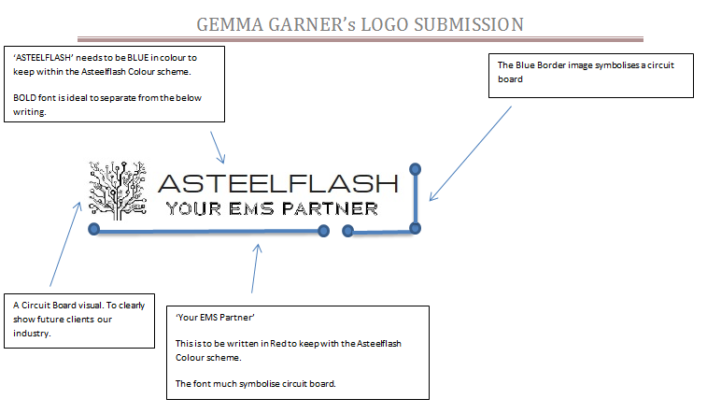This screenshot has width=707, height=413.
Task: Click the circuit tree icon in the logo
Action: pyautogui.click(x=118, y=191)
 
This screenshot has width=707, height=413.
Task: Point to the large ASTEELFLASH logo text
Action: pyautogui.click(x=278, y=182)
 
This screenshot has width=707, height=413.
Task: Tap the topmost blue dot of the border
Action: pyautogui.click(x=416, y=170)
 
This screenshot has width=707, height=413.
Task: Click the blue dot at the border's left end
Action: pyautogui.click(x=92, y=229)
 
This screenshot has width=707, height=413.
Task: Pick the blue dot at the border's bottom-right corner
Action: pyautogui.click(x=416, y=228)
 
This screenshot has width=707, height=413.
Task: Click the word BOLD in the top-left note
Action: pyautogui.click(x=27, y=98)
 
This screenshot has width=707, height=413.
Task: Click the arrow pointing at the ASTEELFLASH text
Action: pyautogui.click(x=218, y=145)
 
